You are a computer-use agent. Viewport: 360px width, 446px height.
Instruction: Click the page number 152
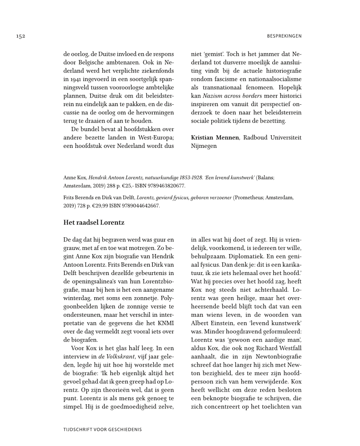pyautogui.click(x=20, y=36)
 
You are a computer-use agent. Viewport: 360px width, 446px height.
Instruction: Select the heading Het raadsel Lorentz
pyautogui.click(x=94, y=222)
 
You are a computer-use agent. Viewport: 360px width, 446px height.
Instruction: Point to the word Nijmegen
pyautogui.click(x=204, y=146)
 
